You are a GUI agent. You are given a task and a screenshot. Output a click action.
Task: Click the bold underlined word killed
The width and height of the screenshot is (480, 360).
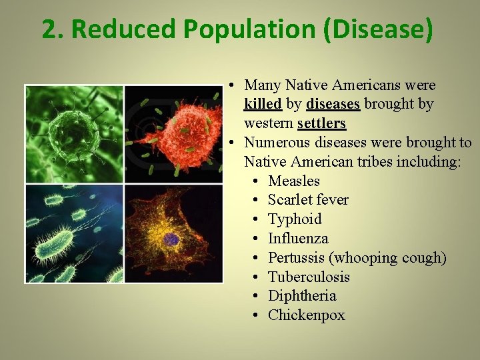click(x=263, y=104)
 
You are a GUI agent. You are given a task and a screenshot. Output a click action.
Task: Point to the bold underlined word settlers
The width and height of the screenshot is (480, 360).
click(x=321, y=123)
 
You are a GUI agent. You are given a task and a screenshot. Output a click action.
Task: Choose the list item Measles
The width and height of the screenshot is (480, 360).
click(x=293, y=181)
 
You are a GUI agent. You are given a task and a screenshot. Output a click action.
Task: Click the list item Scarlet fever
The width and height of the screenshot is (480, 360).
click(x=307, y=200)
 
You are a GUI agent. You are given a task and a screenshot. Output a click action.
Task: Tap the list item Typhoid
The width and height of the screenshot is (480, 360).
click(x=295, y=219)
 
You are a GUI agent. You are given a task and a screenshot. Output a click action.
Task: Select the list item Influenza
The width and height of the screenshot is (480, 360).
click(x=298, y=238)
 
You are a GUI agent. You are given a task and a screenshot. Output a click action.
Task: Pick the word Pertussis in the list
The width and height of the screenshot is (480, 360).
click(x=297, y=257)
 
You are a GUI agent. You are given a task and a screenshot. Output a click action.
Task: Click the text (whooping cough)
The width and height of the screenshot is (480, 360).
click(x=389, y=257)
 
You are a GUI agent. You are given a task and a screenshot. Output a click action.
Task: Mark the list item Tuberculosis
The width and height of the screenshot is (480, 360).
click(x=309, y=277)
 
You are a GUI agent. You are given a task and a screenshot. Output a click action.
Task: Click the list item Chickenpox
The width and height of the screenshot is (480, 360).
click(x=306, y=315)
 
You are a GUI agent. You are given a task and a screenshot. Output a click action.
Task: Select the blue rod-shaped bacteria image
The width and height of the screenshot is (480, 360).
click(x=73, y=233)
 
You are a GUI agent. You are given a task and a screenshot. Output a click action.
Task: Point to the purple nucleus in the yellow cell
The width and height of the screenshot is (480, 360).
click(x=172, y=239)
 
